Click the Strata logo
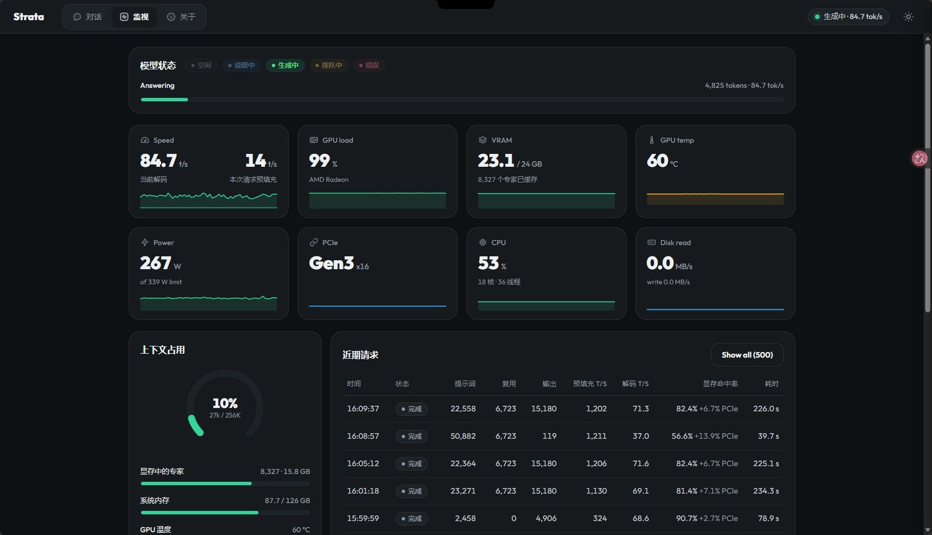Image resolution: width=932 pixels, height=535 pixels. pyautogui.click(x=29, y=17)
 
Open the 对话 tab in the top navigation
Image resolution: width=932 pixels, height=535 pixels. pyautogui.click(x=87, y=17)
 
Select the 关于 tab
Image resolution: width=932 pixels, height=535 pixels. pyautogui.click(x=181, y=17)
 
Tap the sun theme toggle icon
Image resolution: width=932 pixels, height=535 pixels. pyautogui.click(x=909, y=17)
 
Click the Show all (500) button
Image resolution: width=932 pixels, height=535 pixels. pyautogui.click(x=747, y=355)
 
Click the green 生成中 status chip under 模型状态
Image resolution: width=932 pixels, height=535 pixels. pyautogui.click(x=285, y=65)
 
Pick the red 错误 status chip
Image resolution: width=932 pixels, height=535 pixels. pyautogui.click(x=369, y=65)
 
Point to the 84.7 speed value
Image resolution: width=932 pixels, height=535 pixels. pyautogui.click(x=158, y=161)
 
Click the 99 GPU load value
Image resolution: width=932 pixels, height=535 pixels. pyautogui.click(x=319, y=161)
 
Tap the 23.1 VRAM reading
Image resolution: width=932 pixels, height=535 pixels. pyautogui.click(x=496, y=161)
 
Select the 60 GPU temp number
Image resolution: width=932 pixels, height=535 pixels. pyautogui.click(x=657, y=161)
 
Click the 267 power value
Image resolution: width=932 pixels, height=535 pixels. pyautogui.click(x=155, y=263)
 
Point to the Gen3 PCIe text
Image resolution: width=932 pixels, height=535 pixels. pyautogui.click(x=331, y=263)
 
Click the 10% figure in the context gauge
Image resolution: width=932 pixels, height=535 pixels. pyautogui.click(x=225, y=403)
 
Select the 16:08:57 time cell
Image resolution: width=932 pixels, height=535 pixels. pyautogui.click(x=363, y=436)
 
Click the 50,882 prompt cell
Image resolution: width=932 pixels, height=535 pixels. pyautogui.click(x=463, y=436)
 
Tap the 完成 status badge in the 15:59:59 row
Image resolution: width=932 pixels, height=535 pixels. pyautogui.click(x=412, y=519)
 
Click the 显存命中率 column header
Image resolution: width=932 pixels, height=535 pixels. pyautogui.click(x=720, y=383)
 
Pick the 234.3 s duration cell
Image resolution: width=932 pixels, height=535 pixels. pyautogui.click(x=766, y=491)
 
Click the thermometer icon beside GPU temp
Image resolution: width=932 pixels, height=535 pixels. pyautogui.click(x=651, y=140)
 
